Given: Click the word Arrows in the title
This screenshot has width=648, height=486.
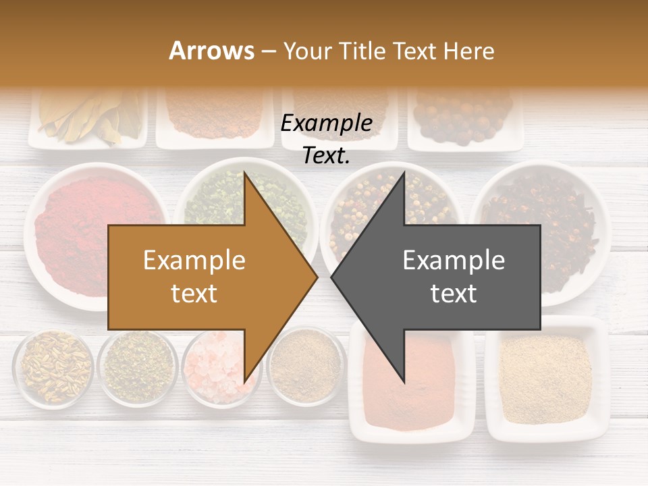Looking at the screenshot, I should point(212,51).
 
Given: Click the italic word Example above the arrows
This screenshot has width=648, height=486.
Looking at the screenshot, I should point(326,124).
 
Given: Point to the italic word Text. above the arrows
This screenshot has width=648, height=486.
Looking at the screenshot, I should point(326,156).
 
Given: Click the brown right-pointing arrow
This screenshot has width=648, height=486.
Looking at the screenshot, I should point(202,277).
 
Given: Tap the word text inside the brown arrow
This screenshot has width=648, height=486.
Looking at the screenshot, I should point(194,294).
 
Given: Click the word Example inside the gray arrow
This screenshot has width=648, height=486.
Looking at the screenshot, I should point(454,260).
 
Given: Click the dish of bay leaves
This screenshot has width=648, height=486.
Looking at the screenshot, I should point(88,118).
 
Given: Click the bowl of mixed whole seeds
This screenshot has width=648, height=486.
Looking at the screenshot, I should point(54,368).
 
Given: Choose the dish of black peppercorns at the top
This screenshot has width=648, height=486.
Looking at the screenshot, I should point(464,118).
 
